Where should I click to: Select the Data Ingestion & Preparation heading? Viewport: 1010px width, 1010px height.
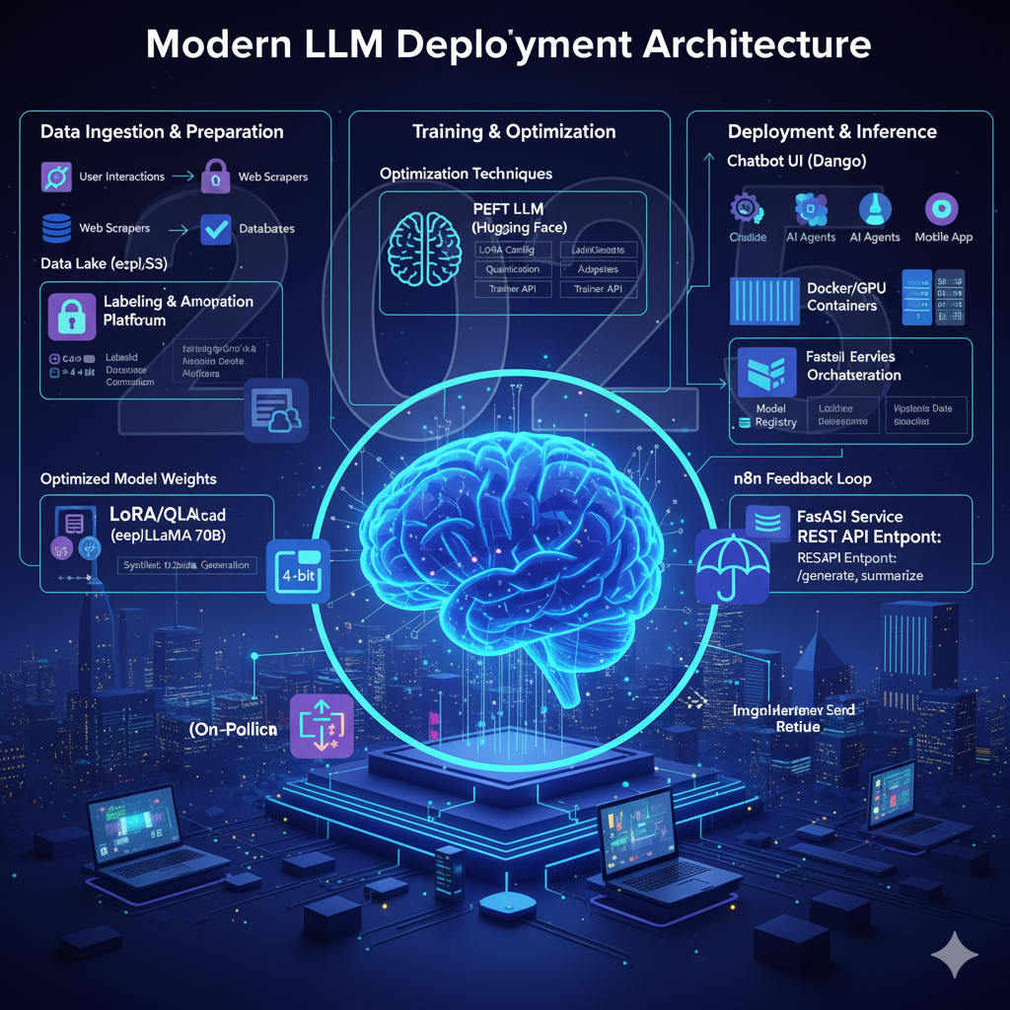[x=163, y=132]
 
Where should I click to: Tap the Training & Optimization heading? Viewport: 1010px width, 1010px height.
[x=514, y=132]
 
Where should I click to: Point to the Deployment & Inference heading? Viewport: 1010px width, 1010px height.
[x=832, y=132]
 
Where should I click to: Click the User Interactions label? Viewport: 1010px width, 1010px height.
[x=122, y=177]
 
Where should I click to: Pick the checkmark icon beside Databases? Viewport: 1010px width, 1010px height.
[x=215, y=229]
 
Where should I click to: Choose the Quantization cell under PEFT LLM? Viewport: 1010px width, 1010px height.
[x=513, y=269]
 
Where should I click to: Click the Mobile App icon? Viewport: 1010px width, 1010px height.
[x=944, y=208]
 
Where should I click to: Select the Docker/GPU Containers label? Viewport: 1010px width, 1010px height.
[x=841, y=297]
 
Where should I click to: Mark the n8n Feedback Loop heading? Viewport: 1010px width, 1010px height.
[x=801, y=479]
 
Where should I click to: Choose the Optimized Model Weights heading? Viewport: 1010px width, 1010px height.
[x=128, y=479]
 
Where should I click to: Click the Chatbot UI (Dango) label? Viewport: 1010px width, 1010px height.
[x=797, y=161]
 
